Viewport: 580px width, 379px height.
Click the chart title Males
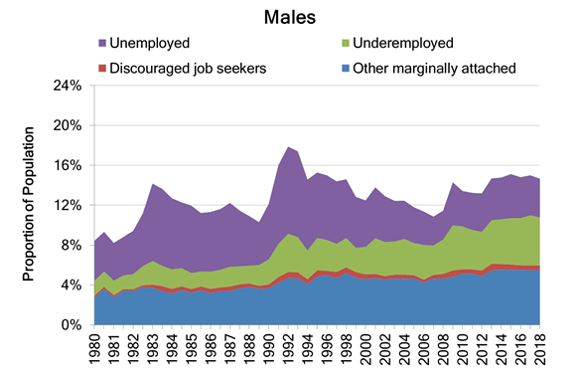290,17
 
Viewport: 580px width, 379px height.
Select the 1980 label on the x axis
95,348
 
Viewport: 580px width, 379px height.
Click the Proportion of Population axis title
29,204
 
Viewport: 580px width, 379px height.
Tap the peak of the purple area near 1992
288,147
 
